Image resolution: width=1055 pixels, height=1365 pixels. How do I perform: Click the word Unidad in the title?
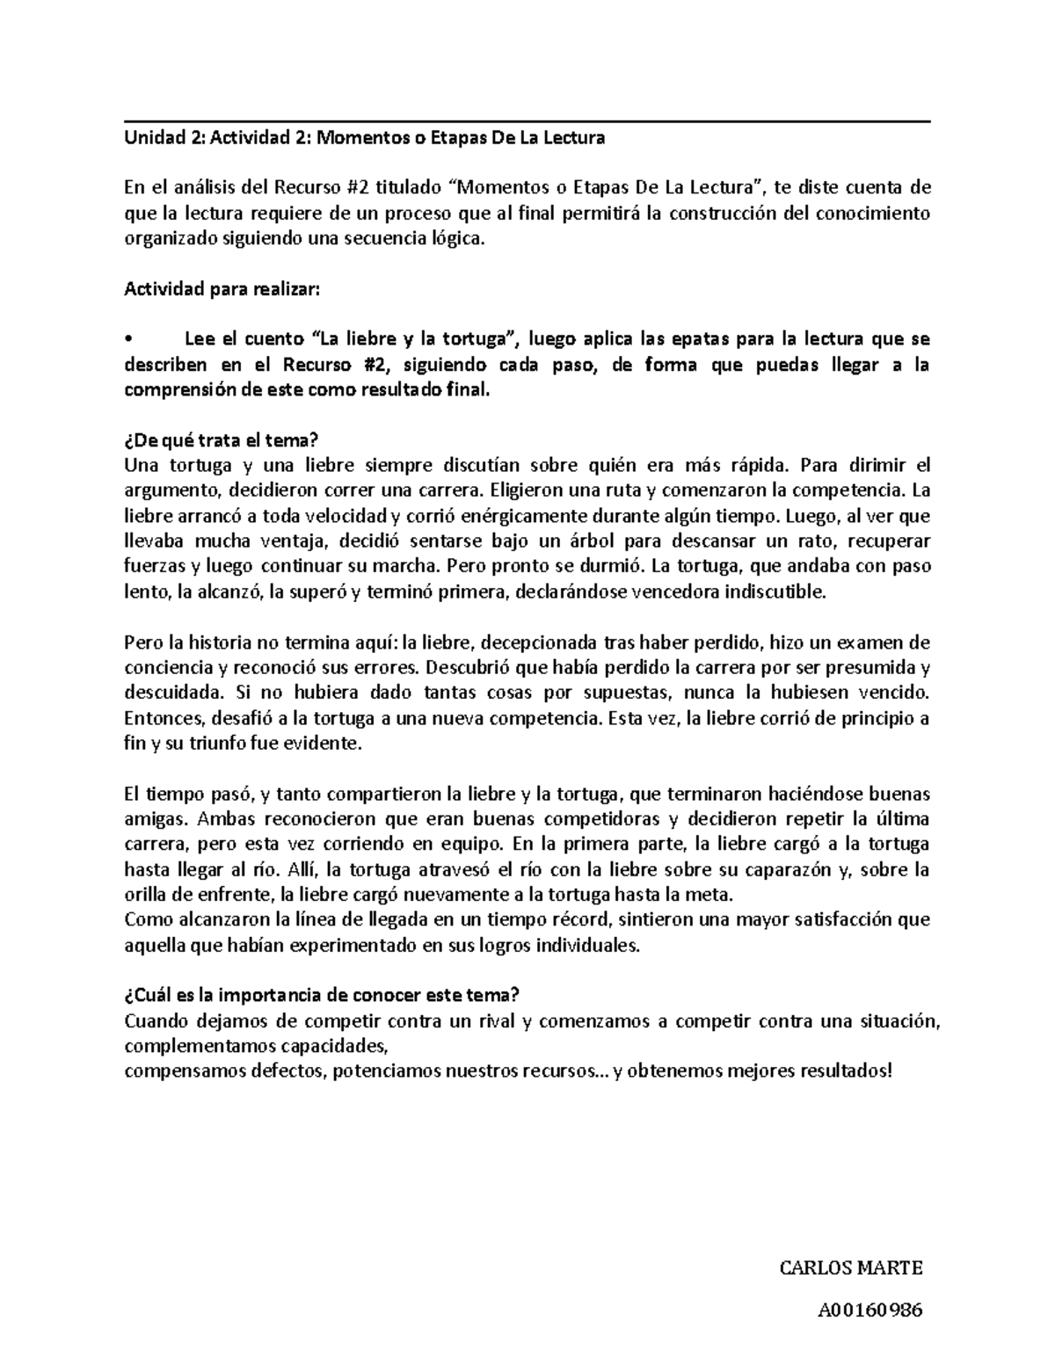(x=149, y=138)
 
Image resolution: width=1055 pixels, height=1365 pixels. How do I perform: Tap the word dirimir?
(x=878, y=465)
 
